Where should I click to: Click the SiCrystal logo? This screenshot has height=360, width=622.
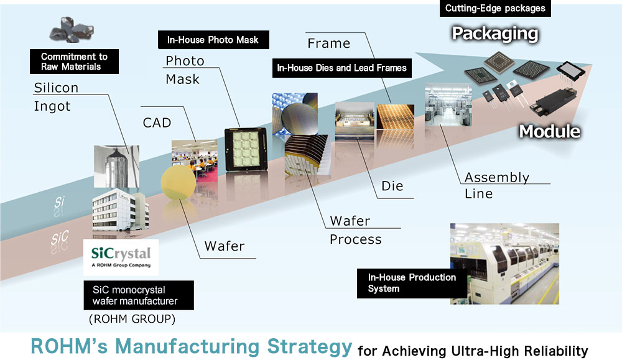(x=121, y=257)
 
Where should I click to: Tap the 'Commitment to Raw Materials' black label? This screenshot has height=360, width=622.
(x=74, y=62)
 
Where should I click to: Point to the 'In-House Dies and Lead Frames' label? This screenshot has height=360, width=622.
(x=341, y=68)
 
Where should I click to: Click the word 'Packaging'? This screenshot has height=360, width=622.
(x=494, y=33)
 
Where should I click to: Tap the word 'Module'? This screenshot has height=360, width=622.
(x=549, y=131)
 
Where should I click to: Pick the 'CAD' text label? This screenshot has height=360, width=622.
(x=157, y=123)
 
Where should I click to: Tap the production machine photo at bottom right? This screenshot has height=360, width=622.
(x=504, y=264)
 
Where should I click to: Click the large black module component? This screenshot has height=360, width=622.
(x=555, y=99)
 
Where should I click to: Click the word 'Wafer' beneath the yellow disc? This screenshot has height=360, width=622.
(x=224, y=246)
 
